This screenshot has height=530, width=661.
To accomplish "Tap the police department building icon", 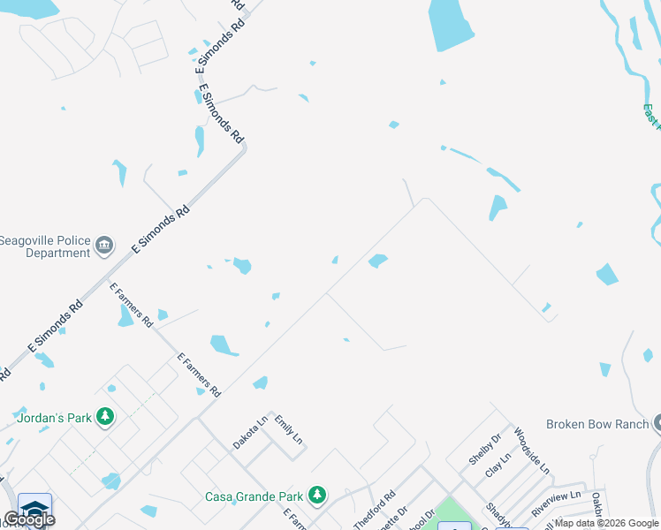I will [104, 245].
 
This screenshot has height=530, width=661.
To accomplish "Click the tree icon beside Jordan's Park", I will [104, 416].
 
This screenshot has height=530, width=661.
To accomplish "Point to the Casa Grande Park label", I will [255, 496].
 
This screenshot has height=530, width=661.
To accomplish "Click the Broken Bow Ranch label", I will [597, 424].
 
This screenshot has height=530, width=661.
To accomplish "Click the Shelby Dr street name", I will [484, 449].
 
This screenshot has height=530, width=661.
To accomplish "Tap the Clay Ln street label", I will [500, 466].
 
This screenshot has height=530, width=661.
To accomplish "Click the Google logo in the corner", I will [28, 519].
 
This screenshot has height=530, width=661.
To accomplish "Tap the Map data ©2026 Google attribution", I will [607, 523].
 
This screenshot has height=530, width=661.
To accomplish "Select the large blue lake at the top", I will [452, 25].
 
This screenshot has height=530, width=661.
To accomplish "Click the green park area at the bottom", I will [455, 514].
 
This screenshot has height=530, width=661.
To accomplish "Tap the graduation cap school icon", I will [34, 507].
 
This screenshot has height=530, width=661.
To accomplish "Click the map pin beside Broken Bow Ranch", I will [658, 424].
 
